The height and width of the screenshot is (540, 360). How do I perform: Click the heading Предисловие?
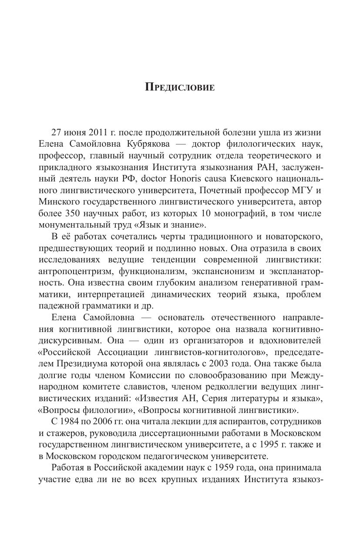[x=180, y=87]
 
